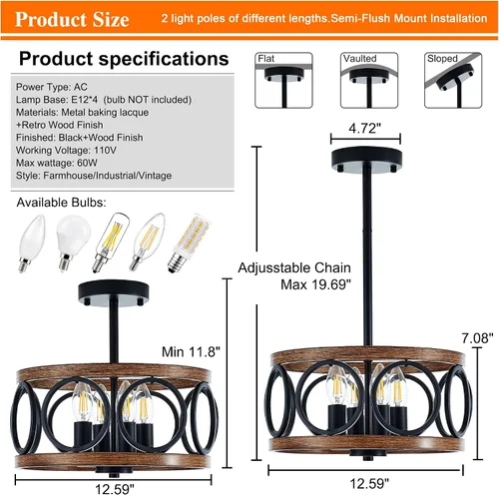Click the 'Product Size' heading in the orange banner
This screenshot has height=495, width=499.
click(x=72, y=19)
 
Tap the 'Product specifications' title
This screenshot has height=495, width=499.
click(x=124, y=59)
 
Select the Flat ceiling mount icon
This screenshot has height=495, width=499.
click(x=283, y=80)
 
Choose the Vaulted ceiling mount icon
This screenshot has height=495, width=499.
click(x=369, y=80)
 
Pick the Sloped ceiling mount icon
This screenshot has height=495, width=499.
click(x=453, y=80)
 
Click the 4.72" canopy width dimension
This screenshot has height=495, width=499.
click(x=365, y=128)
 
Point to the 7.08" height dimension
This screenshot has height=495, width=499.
click(x=477, y=338)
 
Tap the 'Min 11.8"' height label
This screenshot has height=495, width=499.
click(x=191, y=352)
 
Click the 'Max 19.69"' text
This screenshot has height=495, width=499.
click(x=315, y=284)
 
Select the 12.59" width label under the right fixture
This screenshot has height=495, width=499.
click(x=369, y=483)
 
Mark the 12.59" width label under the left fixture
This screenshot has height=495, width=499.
click(x=115, y=489)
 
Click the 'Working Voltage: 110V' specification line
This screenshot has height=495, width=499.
click(x=66, y=151)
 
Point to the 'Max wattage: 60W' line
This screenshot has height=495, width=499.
click(x=57, y=163)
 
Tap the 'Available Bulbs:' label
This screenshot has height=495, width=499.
click(x=62, y=203)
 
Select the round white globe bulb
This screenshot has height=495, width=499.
click(x=72, y=243)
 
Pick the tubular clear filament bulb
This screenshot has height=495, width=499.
click(x=111, y=243)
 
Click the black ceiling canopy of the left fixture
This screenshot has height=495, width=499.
click(x=113, y=292)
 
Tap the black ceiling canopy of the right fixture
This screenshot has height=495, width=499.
click(x=366, y=160)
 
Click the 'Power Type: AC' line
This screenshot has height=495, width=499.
click(x=52, y=87)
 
